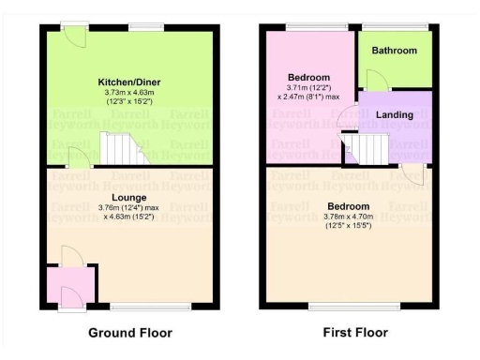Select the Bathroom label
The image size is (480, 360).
click(393, 52)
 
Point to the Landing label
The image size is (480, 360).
click(395, 114)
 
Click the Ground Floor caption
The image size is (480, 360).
click(130, 333)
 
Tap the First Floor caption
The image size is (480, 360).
click(354, 333)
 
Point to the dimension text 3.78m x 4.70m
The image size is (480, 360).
click(348, 217)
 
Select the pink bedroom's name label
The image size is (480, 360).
click(308, 77)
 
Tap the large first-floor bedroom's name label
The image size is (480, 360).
click(347, 206)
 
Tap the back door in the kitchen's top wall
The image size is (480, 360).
click(72, 29)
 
